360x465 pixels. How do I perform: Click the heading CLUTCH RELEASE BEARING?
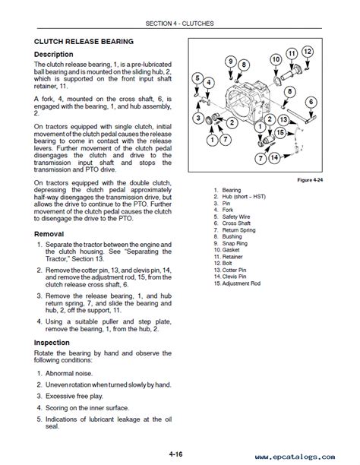(x=84, y=42)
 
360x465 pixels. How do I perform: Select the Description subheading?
(x=54, y=54)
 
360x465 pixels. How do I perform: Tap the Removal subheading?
(x=49, y=234)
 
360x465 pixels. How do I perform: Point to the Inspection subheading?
(x=52, y=343)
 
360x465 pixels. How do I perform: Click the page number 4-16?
(x=176, y=454)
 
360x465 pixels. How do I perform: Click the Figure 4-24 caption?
(x=310, y=180)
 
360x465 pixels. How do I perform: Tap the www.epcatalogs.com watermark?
(x=295, y=457)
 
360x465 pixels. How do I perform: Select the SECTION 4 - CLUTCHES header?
(x=179, y=24)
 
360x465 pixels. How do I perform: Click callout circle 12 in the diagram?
(x=308, y=52)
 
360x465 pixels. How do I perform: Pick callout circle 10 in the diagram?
(x=276, y=59)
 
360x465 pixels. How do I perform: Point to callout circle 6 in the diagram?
(x=311, y=103)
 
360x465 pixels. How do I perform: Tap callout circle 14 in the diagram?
(x=274, y=157)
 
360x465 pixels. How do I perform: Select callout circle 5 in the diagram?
(x=197, y=78)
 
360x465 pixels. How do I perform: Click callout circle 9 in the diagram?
(x=231, y=62)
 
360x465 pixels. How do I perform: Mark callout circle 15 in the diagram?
(x=280, y=132)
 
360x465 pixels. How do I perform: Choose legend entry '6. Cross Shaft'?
(x=232, y=223)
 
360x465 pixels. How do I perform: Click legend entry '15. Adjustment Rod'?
(x=237, y=283)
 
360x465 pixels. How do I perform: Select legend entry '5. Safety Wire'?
(x=232, y=217)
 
